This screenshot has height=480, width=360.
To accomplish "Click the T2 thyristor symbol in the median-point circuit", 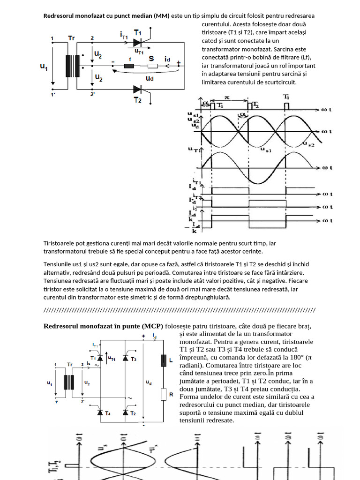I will [138, 89].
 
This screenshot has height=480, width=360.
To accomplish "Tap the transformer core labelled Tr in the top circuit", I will [73, 66].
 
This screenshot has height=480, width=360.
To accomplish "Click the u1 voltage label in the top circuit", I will [44, 67].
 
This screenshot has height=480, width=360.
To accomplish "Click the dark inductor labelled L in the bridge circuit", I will [164, 360].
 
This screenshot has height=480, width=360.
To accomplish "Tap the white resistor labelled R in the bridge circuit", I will [164, 394].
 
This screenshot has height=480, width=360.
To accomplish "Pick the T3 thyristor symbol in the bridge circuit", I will [125, 358].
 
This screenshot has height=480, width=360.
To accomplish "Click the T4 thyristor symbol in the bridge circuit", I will [100, 412].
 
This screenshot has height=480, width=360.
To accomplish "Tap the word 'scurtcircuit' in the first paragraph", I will [277, 82].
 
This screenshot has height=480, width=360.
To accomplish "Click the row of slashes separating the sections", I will [180, 310].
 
